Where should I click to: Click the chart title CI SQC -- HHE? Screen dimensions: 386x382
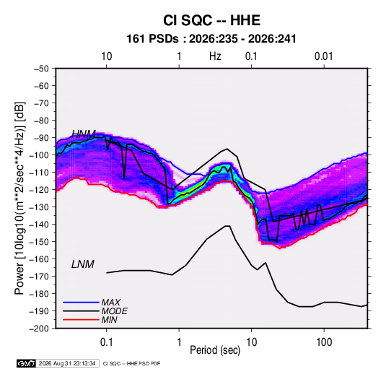211,20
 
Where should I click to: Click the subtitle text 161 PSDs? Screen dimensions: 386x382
152,39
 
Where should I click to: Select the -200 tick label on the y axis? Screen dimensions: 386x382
42,329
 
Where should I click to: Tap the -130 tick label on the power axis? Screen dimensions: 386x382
42,207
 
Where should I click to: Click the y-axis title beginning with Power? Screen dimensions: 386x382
19,198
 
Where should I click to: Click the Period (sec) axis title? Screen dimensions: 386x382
215,350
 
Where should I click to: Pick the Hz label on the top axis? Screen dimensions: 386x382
215,56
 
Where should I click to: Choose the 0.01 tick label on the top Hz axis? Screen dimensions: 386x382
324,56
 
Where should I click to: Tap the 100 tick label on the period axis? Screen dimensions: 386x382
324,342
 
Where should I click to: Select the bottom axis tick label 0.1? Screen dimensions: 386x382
106,342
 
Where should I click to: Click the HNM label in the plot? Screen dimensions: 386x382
84,134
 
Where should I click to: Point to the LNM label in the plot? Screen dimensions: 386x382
83,264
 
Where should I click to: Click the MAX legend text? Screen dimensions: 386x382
111,303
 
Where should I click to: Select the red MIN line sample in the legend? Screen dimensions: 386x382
81,320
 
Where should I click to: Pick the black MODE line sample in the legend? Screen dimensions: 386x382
81,311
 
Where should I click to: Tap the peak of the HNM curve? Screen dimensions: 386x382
227,149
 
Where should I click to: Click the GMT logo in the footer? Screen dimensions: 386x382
26,363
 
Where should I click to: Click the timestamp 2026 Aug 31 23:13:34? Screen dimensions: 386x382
67,363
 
